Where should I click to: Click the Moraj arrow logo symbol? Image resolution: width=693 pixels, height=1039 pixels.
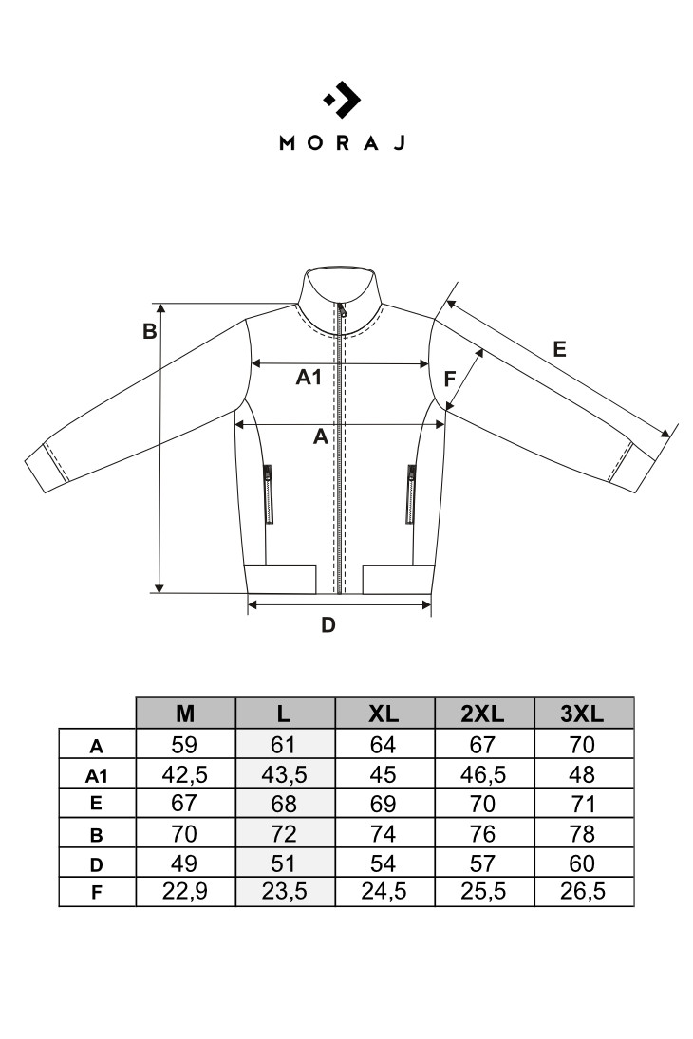click(x=342, y=100)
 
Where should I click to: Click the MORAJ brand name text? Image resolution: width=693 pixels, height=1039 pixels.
click(x=342, y=142)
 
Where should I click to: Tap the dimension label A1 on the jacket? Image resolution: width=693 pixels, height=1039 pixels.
click(x=309, y=377)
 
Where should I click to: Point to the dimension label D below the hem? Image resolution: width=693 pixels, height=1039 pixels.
click(x=328, y=625)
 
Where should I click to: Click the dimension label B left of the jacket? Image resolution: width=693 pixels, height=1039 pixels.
click(x=150, y=331)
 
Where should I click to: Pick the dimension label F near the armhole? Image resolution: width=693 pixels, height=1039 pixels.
click(x=450, y=379)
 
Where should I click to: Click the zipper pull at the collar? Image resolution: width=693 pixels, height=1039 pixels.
click(x=342, y=309)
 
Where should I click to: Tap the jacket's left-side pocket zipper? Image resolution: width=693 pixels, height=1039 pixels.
click(x=268, y=493)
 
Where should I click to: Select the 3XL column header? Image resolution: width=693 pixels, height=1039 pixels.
click(x=582, y=714)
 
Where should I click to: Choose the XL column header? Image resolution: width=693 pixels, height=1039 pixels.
click(x=384, y=714)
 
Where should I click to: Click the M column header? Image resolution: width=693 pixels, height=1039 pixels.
click(x=185, y=714)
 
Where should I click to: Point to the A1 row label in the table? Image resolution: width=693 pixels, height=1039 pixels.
click(x=97, y=775)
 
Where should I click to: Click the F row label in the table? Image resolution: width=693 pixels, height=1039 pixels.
click(x=97, y=893)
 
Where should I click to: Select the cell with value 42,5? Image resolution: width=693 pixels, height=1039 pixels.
click(x=185, y=774)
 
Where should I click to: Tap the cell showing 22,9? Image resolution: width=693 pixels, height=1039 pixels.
click(x=185, y=891)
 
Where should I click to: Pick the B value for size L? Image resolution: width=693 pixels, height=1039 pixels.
click(x=284, y=833)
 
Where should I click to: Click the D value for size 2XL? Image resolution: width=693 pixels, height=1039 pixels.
click(x=483, y=863)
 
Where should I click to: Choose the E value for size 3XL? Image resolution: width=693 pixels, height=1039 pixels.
click(x=582, y=804)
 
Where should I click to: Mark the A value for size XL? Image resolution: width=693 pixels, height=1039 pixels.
click(x=384, y=745)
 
